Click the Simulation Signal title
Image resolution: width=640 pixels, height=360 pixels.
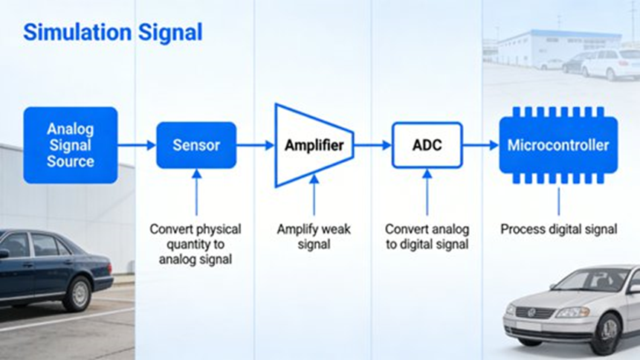pos(112,33)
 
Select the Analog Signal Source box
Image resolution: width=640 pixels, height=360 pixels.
pos(71,145)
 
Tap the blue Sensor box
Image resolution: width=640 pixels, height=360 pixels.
pos(196,145)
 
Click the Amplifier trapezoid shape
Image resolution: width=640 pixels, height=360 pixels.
pos(313,145)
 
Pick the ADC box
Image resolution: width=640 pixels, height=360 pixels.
pos(427,145)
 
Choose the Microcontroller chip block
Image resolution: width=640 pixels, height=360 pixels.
pos(558,145)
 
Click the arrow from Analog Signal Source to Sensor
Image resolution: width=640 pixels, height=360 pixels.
pos(137,145)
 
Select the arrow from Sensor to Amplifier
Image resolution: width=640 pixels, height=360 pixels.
pos(255,145)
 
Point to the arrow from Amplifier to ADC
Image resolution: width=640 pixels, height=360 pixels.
pos(372,145)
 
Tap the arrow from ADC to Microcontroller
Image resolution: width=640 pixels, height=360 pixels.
pos(481,145)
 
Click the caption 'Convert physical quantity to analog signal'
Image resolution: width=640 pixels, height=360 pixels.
pos(195,244)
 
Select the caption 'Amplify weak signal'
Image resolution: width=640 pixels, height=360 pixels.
pos(313,237)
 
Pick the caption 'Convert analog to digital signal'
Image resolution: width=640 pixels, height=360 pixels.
pos(427,237)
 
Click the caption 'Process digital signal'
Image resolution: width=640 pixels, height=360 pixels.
pos(558,229)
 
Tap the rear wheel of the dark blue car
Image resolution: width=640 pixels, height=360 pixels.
pos(77,292)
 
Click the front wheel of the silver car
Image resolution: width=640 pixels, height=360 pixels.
pos(605,334)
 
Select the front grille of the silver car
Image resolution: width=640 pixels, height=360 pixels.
pos(535,313)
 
